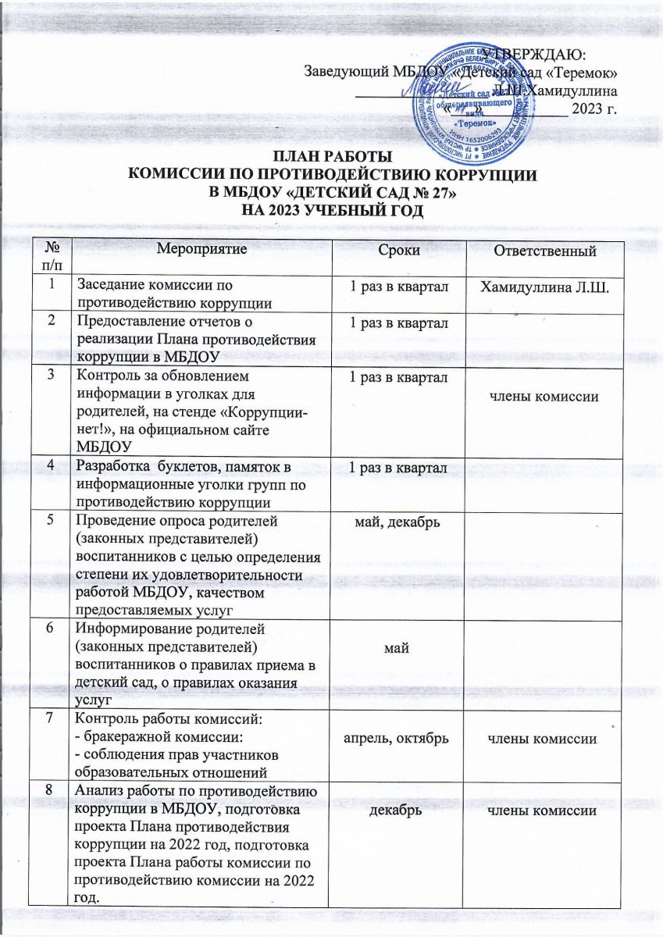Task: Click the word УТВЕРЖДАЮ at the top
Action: (x=537, y=55)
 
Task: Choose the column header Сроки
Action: (x=397, y=251)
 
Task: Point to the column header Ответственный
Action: (x=544, y=251)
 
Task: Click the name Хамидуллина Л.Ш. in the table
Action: (x=544, y=287)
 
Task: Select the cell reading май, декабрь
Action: (x=397, y=520)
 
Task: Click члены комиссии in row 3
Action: (x=544, y=397)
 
